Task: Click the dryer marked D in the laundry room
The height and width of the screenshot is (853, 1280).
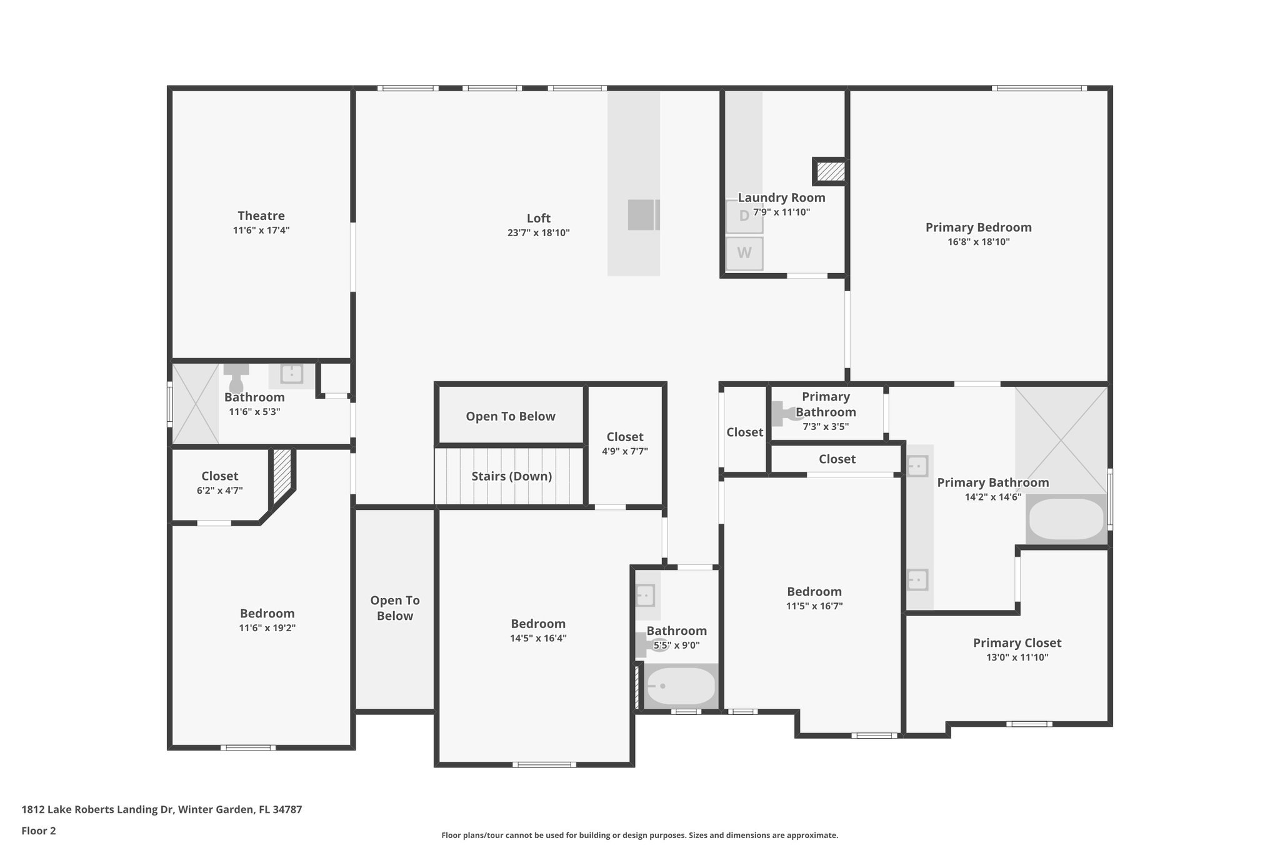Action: click(x=744, y=216)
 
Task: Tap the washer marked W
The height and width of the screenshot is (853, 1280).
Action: click(x=744, y=253)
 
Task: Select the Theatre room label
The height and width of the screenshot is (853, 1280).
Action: click(x=261, y=216)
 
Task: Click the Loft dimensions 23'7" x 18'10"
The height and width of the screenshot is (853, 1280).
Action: click(x=539, y=233)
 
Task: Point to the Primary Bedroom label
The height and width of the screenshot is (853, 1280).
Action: click(x=979, y=227)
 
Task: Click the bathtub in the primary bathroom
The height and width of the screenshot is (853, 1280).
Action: click(x=1066, y=519)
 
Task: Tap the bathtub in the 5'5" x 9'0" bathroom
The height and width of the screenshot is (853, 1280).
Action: click(x=680, y=686)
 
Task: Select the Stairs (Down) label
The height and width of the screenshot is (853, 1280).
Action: click(x=512, y=476)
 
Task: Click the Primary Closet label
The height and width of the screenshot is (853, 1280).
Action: click(x=1017, y=642)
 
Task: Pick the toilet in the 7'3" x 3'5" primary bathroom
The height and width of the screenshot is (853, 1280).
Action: click(x=785, y=413)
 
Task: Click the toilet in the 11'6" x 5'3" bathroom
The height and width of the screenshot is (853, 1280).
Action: click(x=236, y=377)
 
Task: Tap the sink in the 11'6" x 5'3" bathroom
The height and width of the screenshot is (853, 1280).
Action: click(x=291, y=374)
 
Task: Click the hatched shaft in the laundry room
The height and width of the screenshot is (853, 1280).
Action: click(x=831, y=172)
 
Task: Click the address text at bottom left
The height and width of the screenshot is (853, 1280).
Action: click(x=162, y=810)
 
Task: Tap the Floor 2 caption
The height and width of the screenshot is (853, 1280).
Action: click(x=39, y=831)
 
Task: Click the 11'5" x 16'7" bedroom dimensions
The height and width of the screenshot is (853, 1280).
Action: click(x=814, y=606)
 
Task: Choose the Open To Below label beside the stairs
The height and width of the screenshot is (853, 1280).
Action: click(x=511, y=416)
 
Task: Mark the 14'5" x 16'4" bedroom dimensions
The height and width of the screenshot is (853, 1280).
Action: click(x=538, y=638)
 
